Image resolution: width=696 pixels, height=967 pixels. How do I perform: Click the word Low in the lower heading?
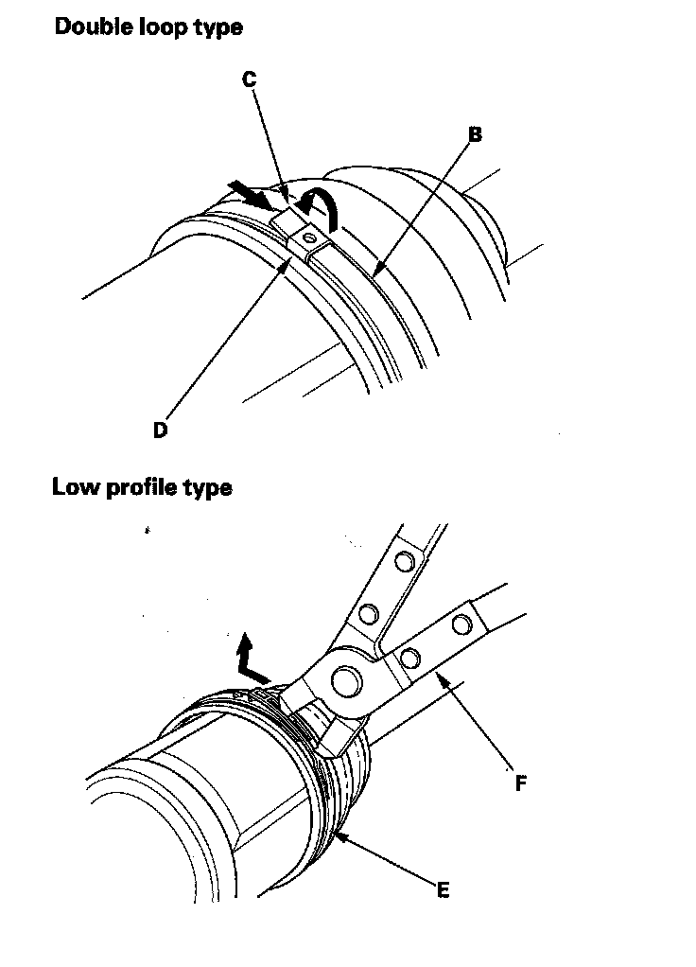tap(72, 488)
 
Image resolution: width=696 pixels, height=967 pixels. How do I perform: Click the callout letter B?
tap(476, 135)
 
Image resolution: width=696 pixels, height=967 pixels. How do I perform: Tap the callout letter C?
tap(250, 80)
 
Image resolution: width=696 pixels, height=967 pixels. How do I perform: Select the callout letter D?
tap(161, 430)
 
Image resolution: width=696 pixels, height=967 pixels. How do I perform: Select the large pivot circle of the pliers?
tap(344, 679)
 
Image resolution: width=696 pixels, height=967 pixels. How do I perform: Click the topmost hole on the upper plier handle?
tap(404, 562)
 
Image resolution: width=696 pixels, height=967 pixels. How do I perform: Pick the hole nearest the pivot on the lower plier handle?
tap(409, 656)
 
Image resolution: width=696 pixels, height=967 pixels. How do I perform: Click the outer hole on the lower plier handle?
tap(461, 624)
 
